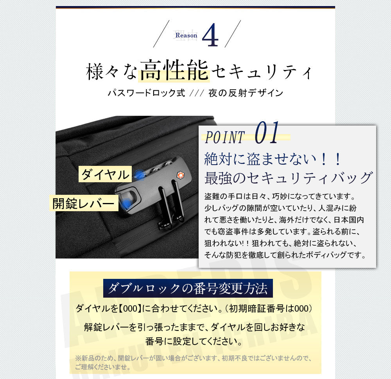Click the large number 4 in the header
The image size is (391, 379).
coord(211,36)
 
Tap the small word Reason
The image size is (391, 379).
coord(187,35)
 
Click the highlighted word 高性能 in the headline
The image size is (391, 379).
coord(174,70)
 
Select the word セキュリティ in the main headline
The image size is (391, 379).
coord(262,72)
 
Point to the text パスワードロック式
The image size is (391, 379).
coord(146,93)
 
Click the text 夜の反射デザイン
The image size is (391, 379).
coord(246,93)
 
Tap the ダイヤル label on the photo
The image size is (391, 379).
coord(104,174)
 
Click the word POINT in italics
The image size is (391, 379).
coord(224,137)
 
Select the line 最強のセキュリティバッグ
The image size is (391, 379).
coord(288,178)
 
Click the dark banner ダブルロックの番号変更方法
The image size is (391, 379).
coord(188,289)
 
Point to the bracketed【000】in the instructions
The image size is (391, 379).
coord(130,308)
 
